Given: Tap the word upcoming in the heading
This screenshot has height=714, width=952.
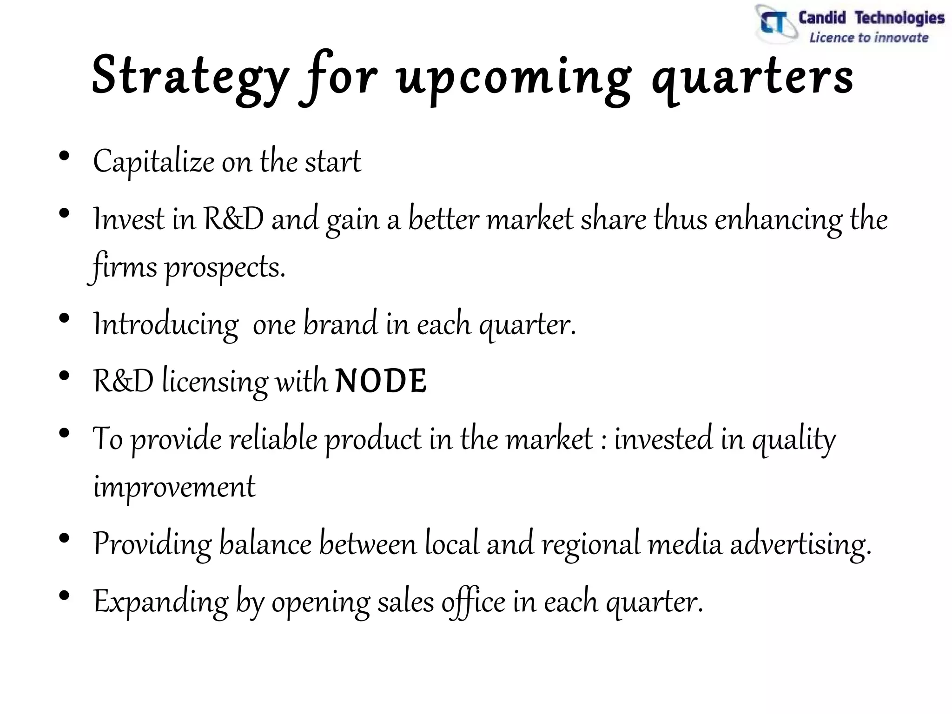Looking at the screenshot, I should click(514, 77).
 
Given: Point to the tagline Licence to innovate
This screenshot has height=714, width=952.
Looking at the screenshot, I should click(868, 38).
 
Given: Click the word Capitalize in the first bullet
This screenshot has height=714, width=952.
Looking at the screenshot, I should click(153, 162).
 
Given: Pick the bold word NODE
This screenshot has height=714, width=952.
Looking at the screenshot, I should click(381, 381).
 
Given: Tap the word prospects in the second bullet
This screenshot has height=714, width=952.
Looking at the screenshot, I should click(225, 268).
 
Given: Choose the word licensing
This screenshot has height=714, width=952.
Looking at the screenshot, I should click(215, 381).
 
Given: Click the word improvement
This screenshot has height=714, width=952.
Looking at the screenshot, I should click(174, 487).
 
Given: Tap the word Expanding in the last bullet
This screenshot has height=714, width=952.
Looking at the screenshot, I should click(161, 602).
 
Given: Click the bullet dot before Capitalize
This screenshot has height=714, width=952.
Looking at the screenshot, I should click(65, 156).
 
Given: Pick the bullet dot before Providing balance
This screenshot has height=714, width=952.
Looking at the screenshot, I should click(65, 538).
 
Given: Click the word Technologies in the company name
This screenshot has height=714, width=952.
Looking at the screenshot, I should click(899, 18).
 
